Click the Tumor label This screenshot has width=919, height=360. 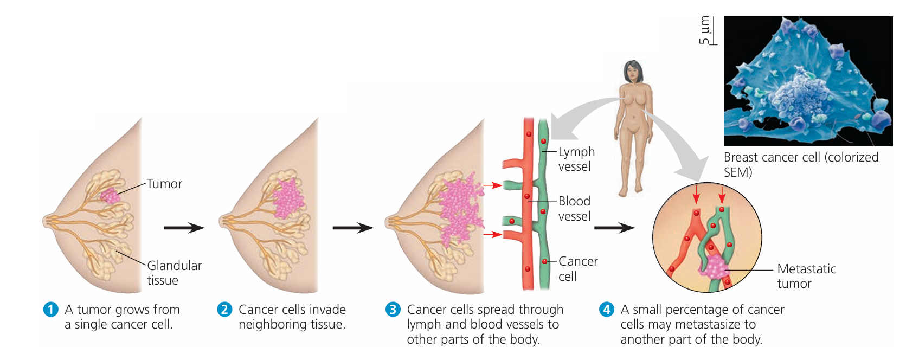164,184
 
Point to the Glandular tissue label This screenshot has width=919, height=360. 174,273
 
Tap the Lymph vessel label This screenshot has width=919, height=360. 576,159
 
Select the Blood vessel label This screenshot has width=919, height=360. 574,209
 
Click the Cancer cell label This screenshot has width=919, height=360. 578,269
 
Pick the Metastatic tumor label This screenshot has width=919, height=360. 806,276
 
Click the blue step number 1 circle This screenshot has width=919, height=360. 50,310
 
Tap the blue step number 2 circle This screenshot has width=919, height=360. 224,310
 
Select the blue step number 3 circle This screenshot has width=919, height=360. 393,310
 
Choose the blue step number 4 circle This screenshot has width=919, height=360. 606,310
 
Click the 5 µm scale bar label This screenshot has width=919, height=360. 704,30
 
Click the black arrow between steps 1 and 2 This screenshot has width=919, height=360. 184,228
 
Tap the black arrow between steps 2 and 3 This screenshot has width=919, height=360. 352,228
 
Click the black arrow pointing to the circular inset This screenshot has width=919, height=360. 614,228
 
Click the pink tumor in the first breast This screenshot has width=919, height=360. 111,196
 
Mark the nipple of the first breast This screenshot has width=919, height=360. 46,221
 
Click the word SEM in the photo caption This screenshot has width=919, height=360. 738,172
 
